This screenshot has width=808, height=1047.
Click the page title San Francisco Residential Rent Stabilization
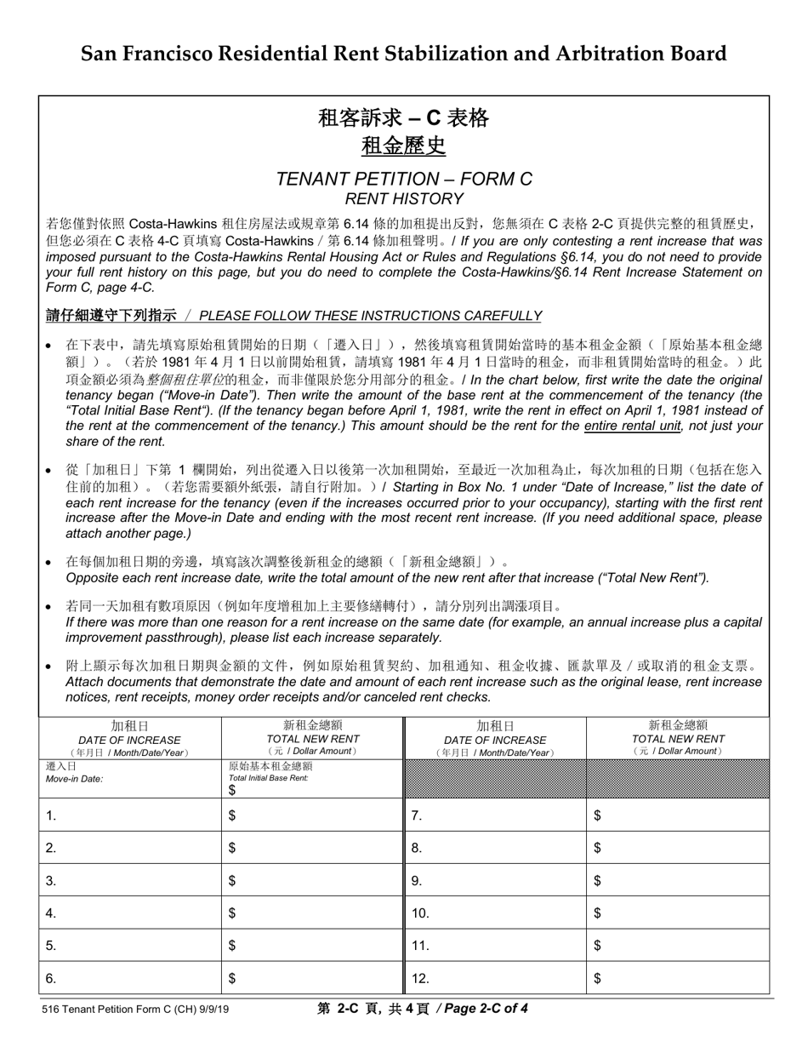coord(403,54)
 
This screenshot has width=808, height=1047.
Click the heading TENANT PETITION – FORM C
coord(404,179)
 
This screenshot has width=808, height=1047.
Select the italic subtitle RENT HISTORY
coord(404,199)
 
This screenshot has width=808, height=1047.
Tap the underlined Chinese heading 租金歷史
coord(404,146)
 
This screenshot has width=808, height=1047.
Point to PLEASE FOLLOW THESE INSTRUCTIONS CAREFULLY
coord(370,316)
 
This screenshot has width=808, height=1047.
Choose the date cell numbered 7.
coord(495,815)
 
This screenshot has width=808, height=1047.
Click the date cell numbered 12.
coord(495,978)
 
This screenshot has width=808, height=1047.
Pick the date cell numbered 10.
coord(495,913)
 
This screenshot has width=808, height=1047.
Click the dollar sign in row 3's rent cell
coord(232,881)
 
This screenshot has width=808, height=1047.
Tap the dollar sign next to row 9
coord(597,881)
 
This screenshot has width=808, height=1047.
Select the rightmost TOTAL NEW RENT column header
coord(678,738)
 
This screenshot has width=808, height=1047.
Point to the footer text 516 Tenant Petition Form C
coord(137,1010)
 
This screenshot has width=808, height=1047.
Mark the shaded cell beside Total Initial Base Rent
coord(495,778)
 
